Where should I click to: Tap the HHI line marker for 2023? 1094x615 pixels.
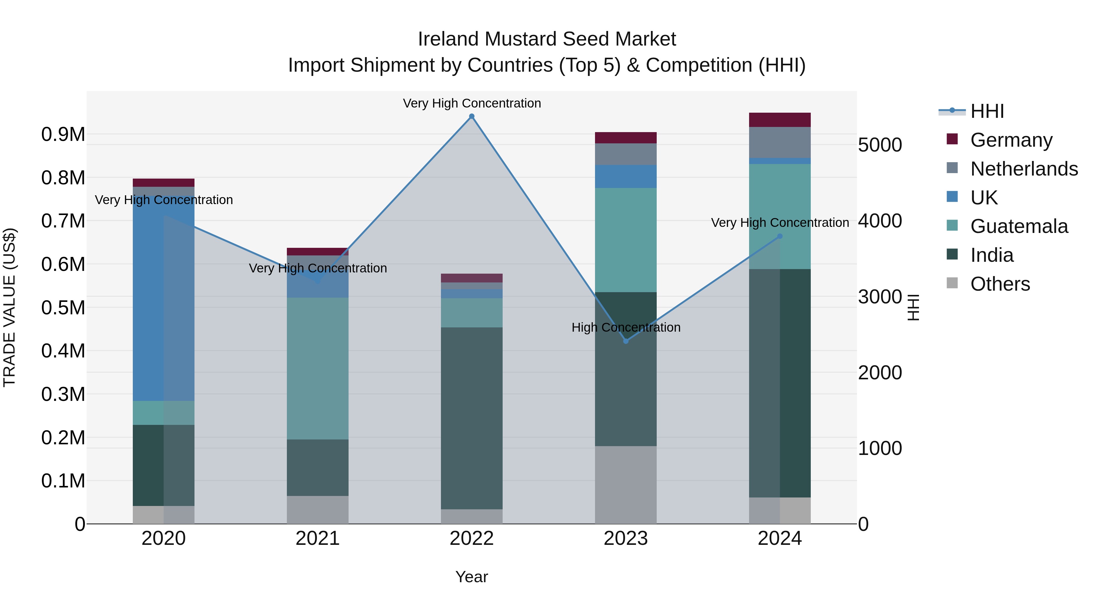[x=626, y=341]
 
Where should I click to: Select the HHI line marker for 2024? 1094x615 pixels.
[x=780, y=236]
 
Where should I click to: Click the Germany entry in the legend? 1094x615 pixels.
[x=1011, y=140]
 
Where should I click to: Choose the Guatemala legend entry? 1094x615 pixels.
[x=1018, y=226]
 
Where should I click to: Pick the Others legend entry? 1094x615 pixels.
[x=1000, y=284]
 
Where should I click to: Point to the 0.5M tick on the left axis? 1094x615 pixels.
[x=63, y=308]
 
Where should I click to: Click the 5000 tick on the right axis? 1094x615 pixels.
[x=879, y=145]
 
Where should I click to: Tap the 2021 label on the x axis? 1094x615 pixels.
[x=318, y=538]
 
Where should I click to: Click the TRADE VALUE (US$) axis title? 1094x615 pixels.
[x=9, y=307]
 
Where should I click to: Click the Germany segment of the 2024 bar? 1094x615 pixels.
[x=780, y=120]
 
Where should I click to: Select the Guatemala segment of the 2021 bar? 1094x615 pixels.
[x=318, y=368]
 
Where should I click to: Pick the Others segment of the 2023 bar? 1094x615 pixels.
[x=626, y=484]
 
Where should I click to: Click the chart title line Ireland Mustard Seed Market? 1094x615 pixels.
[x=547, y=39]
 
